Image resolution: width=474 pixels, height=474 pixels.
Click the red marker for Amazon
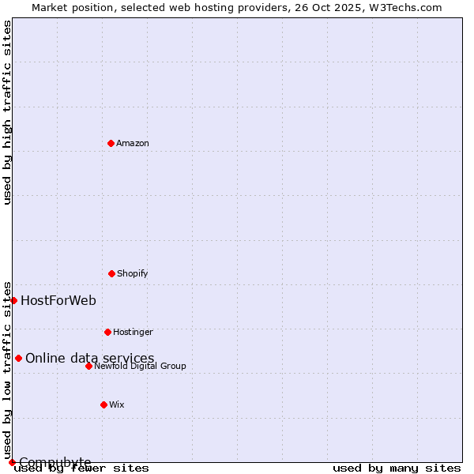click(x=111, y=143)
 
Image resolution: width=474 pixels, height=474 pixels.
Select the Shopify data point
click(x=111, y=273)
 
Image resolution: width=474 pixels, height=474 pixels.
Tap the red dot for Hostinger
click(x=107, y=332)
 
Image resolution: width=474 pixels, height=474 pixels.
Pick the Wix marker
click(x=103, y=404)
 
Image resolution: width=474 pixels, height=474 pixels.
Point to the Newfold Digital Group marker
click(x=88, y=366)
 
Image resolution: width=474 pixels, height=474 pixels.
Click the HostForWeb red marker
click(x=13, y=300)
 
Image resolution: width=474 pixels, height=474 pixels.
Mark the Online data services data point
click(x=18, y=358)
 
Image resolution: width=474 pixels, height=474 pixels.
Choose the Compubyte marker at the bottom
click(x=12, y=462)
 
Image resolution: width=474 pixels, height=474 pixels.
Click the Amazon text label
click(x=133, y=143)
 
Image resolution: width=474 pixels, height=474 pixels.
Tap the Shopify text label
click(x=133, y=273)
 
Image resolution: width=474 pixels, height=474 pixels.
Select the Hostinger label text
click(x=133, y=332)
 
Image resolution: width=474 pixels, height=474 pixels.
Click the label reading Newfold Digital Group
click(x=140, y=366)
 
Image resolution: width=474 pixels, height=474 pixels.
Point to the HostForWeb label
click(x=58, y=300)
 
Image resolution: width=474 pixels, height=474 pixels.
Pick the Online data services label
click(x=90, y=358)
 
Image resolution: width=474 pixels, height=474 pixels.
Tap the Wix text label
click(x=117, y=404)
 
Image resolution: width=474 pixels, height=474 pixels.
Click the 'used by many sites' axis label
click(x=397, y=468)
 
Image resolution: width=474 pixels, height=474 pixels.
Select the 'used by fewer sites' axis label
click(x=82, y=468)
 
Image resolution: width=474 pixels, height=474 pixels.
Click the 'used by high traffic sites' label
click(x=7, y=112)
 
